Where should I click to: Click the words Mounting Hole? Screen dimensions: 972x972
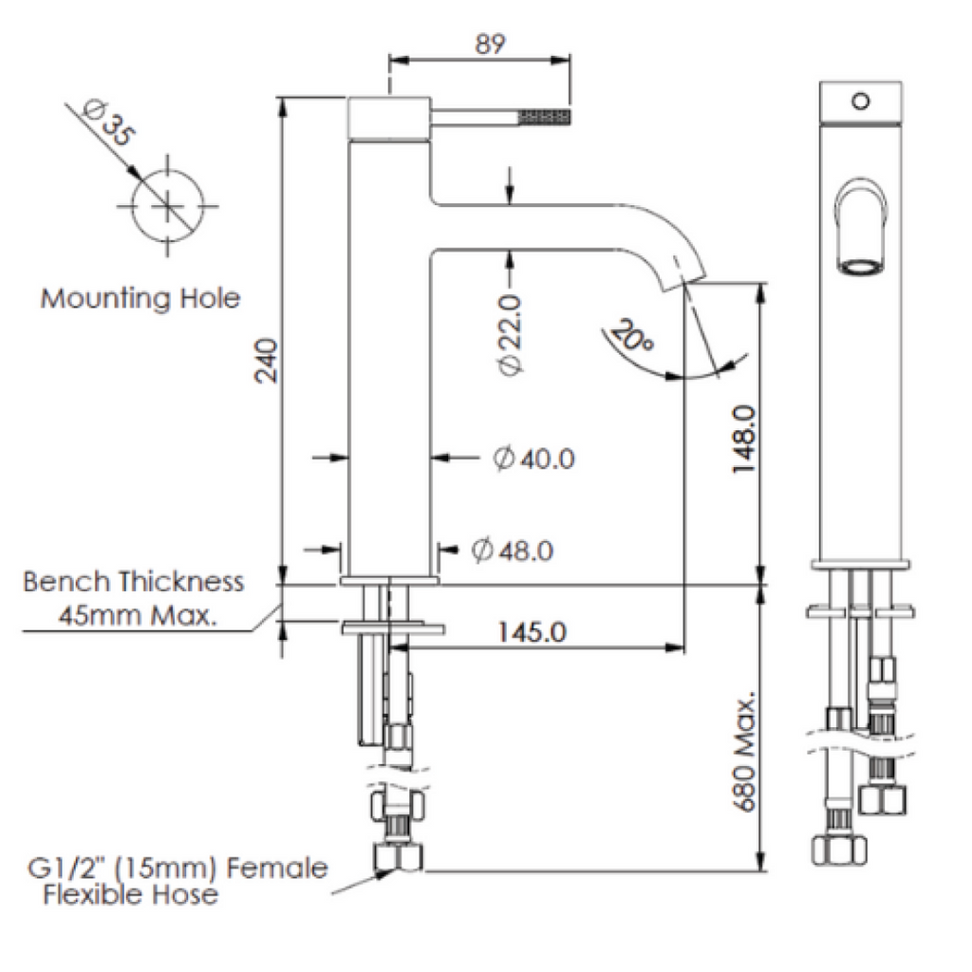(x=140, y=299)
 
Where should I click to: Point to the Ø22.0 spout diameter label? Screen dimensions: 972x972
(x=510, y=335)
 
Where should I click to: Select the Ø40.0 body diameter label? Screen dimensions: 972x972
(x=533, y=458)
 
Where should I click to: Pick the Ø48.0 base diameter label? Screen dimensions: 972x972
(x=513, y=550)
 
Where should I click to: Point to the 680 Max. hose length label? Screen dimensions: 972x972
(x=743, y=753)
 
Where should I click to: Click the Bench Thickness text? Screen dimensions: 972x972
(x=134, y=581)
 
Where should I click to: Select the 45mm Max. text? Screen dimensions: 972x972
(x=139, y=616)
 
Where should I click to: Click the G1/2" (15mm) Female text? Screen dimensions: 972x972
(x=178, y=868)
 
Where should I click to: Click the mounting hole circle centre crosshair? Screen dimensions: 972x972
(x=168, y=204)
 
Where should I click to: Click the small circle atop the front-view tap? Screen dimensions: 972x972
(x=861, y=100)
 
